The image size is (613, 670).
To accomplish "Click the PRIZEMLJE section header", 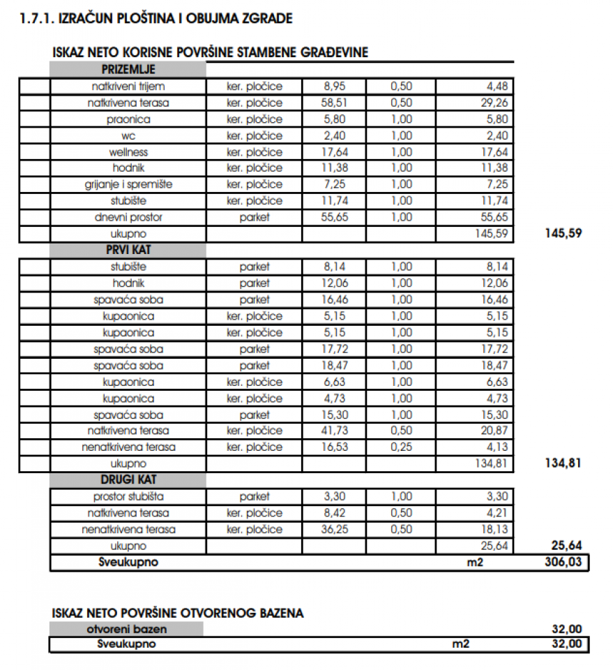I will [128, 70].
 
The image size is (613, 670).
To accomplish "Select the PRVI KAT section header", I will [128, 250].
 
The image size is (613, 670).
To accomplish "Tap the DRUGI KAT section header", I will [128, 480].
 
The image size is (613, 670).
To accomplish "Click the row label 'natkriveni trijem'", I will [129, 87].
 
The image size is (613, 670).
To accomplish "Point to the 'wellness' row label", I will [129, 152].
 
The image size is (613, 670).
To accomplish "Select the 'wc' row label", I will [128, 135].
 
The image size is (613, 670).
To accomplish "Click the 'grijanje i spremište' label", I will [128, 184].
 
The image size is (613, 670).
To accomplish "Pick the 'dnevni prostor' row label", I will [128, 217].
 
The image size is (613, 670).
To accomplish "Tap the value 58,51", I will [334, 103].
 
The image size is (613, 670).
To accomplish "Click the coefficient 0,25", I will [402, 447].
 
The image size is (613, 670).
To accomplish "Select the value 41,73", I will [334, 431].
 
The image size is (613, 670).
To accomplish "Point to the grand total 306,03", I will [563, 563].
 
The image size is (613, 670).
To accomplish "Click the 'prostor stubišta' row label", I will [128, 497].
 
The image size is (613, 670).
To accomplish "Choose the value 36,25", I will [334, 529].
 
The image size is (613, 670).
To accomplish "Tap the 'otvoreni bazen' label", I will [127, 629].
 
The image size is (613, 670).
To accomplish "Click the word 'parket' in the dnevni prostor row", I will [255, 217].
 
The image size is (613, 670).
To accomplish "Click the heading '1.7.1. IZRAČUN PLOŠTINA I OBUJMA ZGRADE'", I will [157, 18].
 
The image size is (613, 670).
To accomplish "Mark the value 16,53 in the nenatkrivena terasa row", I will [334, 447].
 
